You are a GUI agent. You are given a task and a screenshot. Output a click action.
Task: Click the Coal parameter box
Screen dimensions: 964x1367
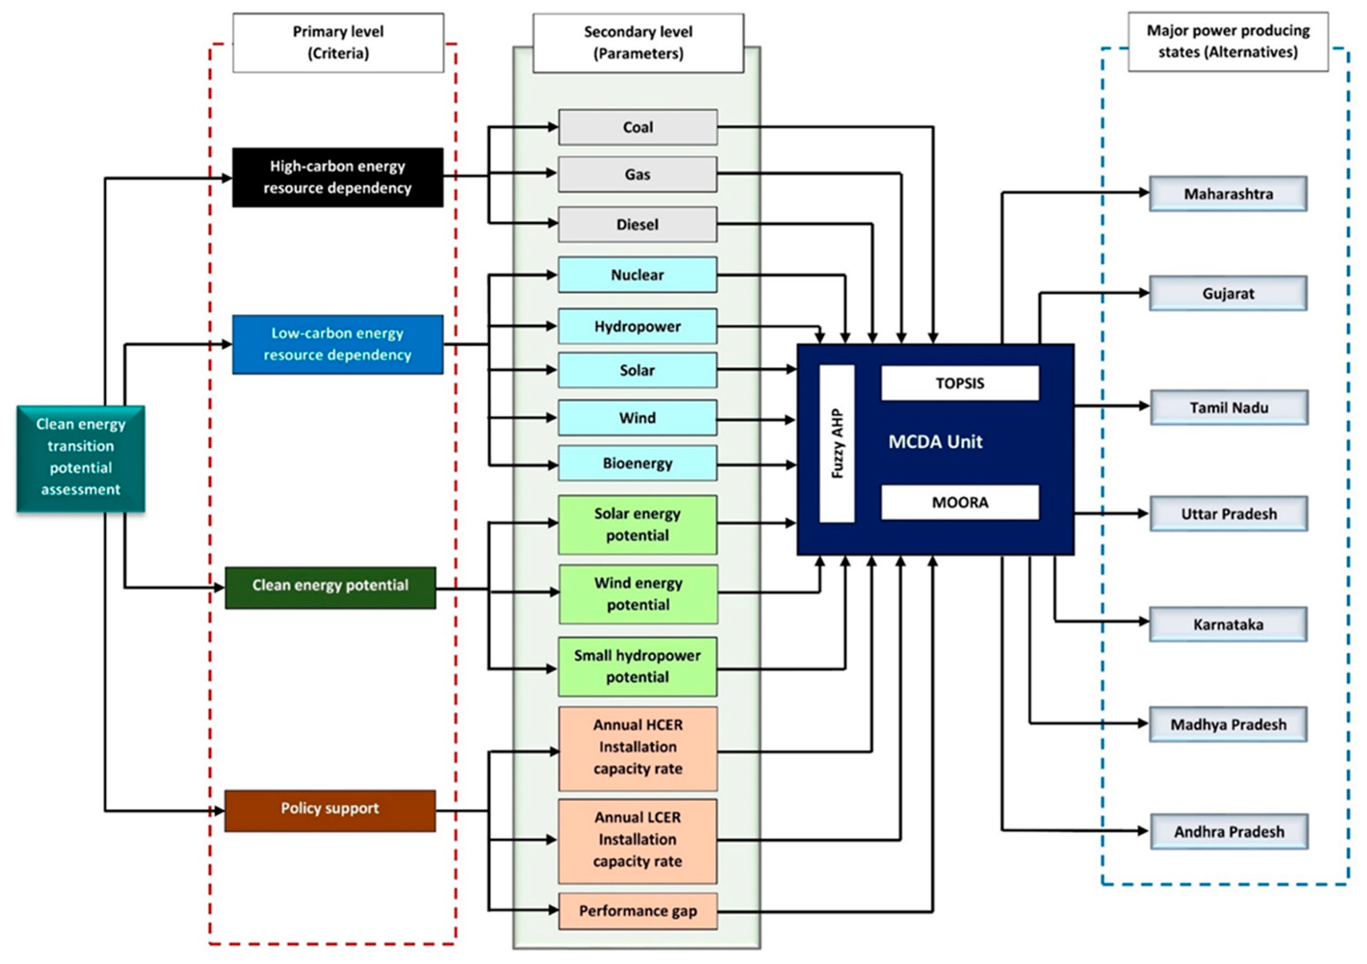coord(638,127)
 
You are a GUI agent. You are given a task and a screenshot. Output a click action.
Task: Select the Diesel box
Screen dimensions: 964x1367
coord(638,225)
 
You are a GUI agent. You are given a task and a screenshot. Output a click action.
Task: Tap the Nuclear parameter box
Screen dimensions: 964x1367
coord(638,274)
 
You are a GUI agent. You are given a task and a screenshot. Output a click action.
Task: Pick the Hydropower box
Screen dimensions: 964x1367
coord(638,326)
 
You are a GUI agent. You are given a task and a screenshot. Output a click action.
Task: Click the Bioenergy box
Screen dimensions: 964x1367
coord(638,463)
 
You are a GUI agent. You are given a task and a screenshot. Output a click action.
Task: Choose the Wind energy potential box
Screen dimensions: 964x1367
coord(638,594)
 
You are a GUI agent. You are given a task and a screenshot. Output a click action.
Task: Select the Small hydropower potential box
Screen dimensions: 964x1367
coord(638,666)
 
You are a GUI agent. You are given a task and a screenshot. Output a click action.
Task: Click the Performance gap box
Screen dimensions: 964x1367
coord(638,910)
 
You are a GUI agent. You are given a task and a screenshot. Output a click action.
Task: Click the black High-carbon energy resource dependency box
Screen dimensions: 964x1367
coord(338,177)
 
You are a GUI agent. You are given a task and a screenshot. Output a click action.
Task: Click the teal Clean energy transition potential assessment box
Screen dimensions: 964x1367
coord(81,457)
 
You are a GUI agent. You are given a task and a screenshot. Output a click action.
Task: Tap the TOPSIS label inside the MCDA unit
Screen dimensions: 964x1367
coord(960,383)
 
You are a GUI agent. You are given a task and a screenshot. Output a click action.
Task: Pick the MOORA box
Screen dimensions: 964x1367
coord(960,502)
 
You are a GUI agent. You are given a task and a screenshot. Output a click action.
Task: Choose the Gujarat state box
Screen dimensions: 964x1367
coord(1228,293)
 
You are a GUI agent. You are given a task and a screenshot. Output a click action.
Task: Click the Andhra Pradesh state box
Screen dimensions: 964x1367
coord(1229,831)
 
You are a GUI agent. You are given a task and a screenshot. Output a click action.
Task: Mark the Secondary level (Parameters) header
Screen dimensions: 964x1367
coord(638,43)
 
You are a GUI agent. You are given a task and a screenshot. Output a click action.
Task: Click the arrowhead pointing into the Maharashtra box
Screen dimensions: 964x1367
coord(1144,192)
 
